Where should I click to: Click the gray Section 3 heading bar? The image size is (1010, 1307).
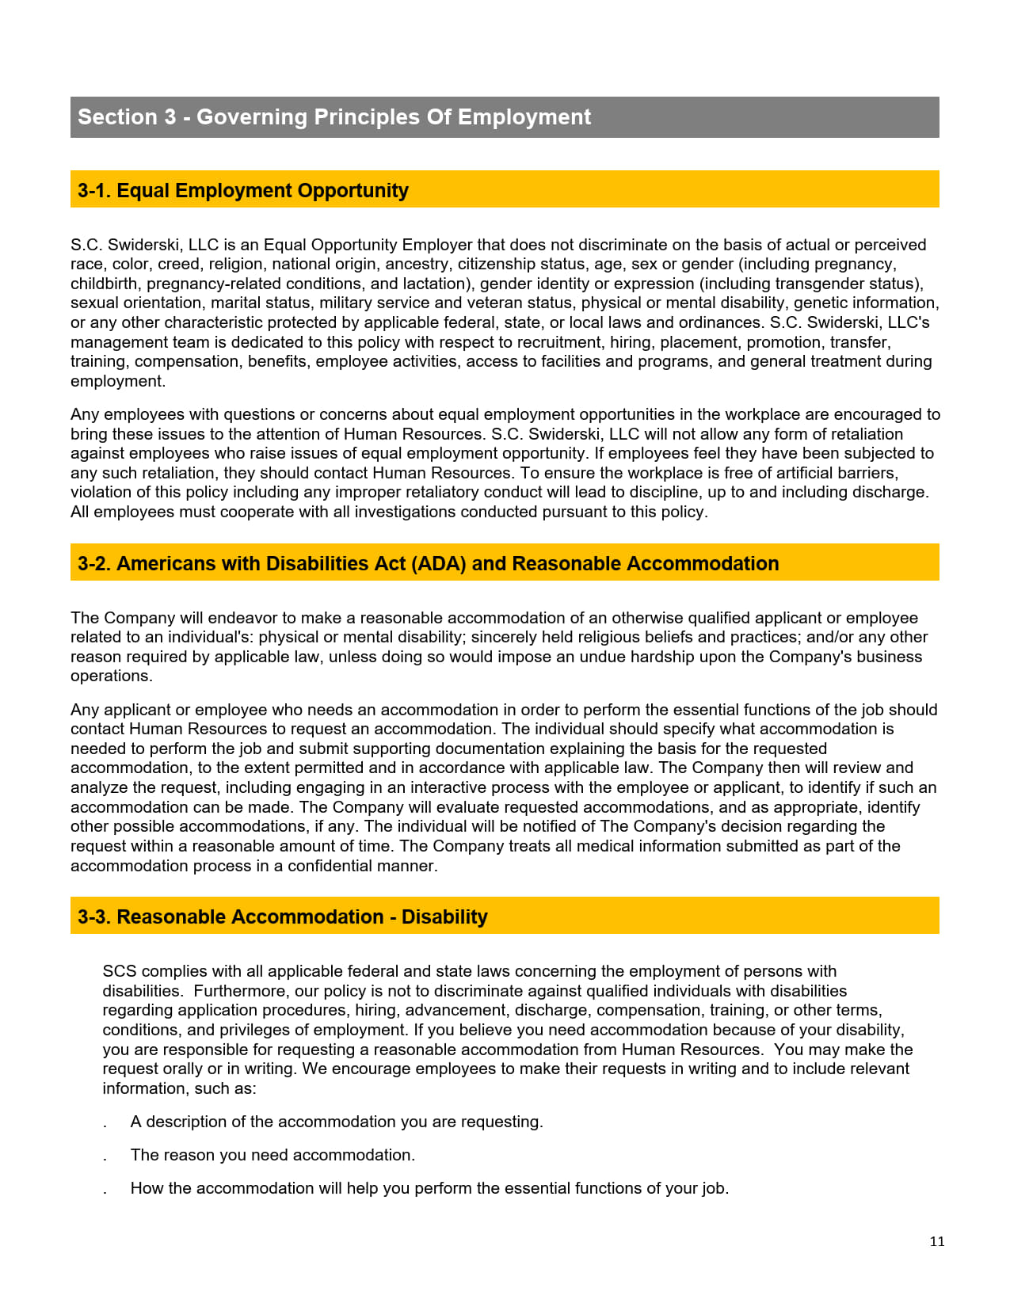505,117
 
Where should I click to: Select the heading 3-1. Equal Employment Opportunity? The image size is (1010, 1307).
243,191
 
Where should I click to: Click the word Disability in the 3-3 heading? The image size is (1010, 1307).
444,917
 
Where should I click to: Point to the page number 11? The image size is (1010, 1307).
937,1242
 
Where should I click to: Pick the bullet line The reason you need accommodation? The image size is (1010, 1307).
273,1155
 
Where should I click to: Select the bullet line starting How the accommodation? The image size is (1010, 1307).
429,1188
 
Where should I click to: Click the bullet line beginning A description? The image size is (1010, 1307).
337,1122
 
